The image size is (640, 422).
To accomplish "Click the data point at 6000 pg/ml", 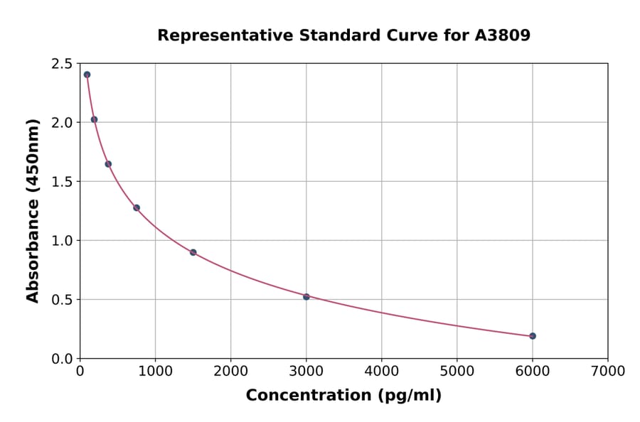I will point(533,336).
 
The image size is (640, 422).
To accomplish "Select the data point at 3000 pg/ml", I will point(306,297).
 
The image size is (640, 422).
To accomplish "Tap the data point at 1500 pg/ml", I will point(193,252).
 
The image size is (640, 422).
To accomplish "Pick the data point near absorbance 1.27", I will point(137,208).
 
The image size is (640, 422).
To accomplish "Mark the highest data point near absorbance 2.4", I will point(87,75).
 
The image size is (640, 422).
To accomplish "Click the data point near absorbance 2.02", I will point(94,119).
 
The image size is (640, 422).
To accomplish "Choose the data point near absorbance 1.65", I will point(108,164).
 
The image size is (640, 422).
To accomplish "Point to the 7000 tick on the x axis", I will point(608,371).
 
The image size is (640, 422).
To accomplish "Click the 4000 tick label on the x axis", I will point(382,371).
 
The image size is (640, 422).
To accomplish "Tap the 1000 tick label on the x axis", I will point(155,371).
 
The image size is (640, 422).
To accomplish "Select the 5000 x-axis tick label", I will point(457,371).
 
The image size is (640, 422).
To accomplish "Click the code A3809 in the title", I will point(503,36).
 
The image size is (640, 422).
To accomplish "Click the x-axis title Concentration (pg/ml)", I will point(343,396).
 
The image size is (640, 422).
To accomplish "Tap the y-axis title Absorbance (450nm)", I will point(33,211).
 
